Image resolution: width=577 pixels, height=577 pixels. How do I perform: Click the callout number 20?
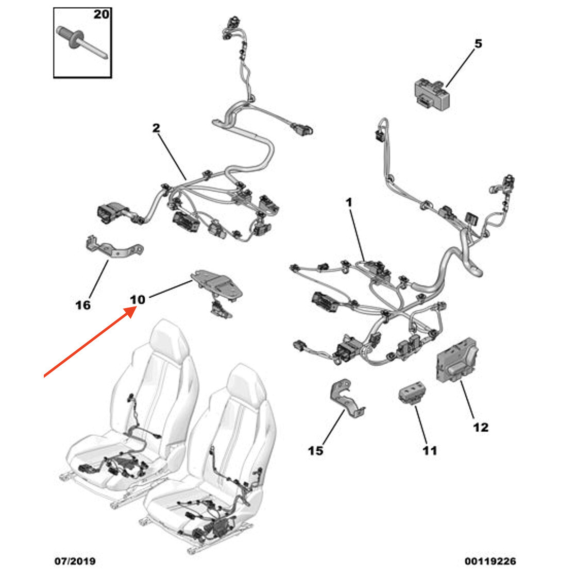click(101, 14)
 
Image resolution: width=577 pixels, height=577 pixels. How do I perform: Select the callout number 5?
click(478, 43)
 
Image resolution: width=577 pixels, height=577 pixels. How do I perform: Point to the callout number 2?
click(156, 128)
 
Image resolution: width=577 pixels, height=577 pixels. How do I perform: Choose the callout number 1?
click(349, 202)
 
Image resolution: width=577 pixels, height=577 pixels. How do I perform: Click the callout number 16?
click(83, 304)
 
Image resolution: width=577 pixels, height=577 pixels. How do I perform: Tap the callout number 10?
click(138, 299)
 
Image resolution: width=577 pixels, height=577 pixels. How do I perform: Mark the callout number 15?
click(315, 450)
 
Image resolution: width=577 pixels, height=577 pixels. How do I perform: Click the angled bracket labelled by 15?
click(346, 399)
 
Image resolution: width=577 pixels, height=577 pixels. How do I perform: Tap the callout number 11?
click(430, 450)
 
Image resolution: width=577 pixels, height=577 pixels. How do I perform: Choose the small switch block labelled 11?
click(413, 393)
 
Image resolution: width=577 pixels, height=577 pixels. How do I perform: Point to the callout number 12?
click(481, 427)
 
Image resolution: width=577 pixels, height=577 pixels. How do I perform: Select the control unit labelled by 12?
click(456, 360)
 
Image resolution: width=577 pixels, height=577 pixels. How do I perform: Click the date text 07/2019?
click(75, 561)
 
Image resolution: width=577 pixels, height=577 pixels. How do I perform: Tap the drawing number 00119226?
click(490, 561)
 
